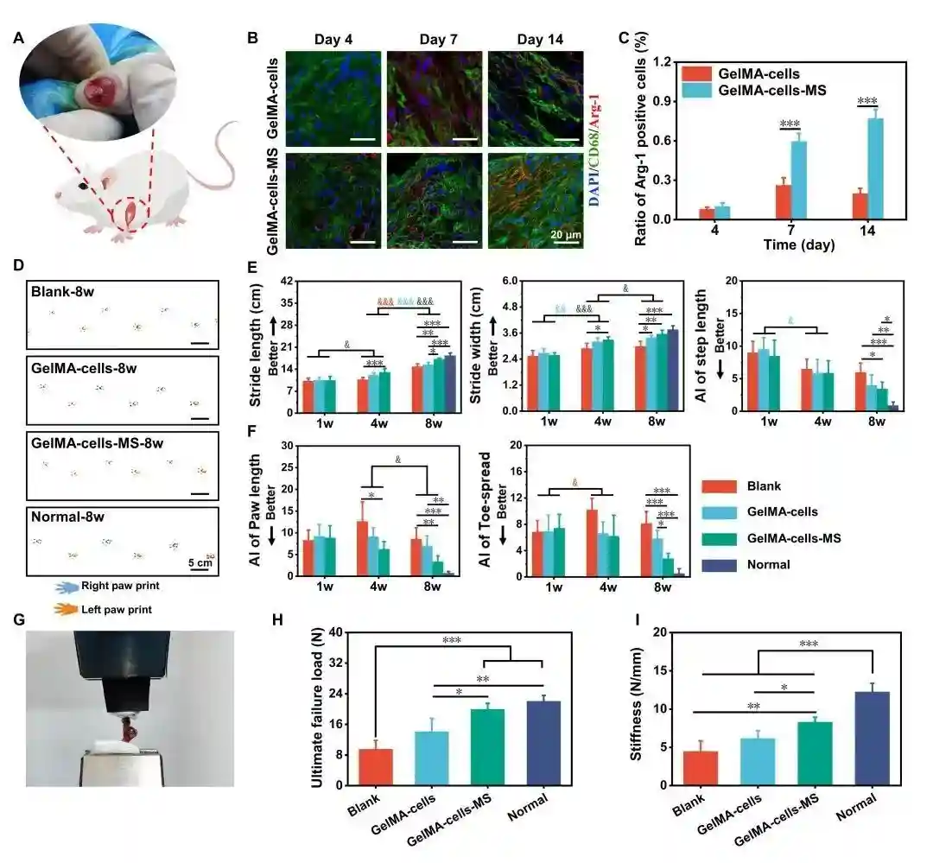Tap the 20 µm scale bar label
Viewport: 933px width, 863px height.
coord(566,232)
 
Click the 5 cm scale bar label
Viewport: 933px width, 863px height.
coord(200,563)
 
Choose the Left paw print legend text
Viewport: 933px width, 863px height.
coord(115,609)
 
